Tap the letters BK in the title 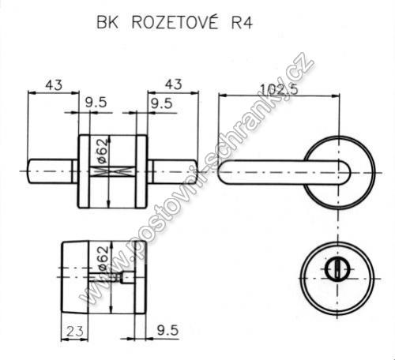[107, 22]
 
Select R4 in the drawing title [242, 23]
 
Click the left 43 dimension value [54, 85]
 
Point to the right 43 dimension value [173, 84]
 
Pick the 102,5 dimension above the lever [279, 89]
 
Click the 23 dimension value [74, 332]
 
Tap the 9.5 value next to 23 [167, 330]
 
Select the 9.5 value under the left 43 [96, 103]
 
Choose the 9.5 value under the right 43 [161, 103]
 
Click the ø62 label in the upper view [103, 151]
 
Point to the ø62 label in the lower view [103, 258]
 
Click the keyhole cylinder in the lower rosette [337, 269]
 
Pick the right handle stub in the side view [172, 171]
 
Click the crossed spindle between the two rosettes [113, 171]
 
